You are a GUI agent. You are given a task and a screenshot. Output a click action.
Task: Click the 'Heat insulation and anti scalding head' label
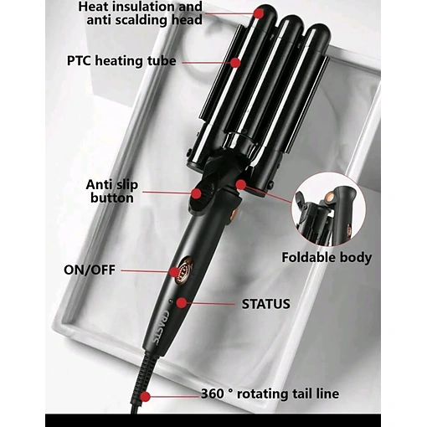click(140, 13)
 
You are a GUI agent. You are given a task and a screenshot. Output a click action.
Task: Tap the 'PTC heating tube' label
click(121, 61)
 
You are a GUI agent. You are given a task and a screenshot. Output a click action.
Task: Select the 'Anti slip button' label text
click(112, 192)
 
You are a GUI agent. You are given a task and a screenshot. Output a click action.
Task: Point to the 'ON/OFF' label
click(90, 270)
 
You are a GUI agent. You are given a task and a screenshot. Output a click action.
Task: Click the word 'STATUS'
click(265, 304)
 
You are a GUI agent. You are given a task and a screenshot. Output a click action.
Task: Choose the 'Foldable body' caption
click(327, 258)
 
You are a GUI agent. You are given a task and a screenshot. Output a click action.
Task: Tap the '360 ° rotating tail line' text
click(270, 394)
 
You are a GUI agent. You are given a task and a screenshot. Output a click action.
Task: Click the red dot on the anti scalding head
click(260, 13)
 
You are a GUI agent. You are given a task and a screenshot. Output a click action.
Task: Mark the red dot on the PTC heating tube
click(236, 63)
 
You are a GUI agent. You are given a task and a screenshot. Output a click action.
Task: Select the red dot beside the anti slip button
click(197, 193)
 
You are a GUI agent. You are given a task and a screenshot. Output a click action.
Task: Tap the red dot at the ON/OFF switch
click(175, 272)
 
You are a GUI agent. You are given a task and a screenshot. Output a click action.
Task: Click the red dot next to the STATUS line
click(182, 303)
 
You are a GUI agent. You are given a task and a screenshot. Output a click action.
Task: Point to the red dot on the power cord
click(145, 397)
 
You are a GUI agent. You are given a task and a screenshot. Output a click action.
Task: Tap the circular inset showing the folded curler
click(328, 209)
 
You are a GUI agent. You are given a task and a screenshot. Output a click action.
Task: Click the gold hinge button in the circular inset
click(332, 197)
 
